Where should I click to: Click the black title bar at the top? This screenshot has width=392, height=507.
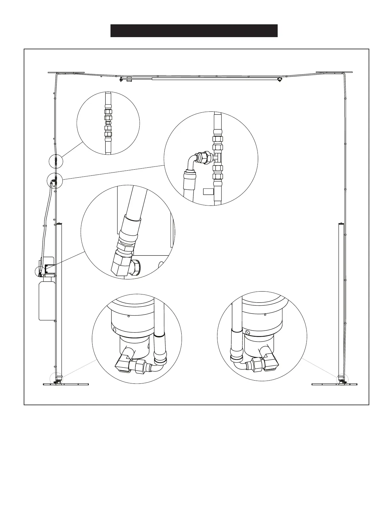(194, 31)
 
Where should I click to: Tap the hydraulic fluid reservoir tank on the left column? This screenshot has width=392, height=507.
(46, 300)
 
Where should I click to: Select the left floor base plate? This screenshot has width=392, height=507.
(66, 384)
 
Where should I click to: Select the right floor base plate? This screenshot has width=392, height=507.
(334, 384)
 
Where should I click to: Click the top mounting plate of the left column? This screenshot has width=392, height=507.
(66, 73)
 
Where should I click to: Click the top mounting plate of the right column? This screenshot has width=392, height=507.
(334, 73)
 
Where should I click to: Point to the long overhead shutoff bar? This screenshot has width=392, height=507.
(213, 77)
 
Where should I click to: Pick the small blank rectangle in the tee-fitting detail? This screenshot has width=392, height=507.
(208, 191)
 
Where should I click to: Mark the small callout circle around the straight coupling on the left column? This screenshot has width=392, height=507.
(56, 161)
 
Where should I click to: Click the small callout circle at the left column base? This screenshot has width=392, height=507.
(56, 379)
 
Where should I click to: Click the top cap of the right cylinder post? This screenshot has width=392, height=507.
(341, 223)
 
